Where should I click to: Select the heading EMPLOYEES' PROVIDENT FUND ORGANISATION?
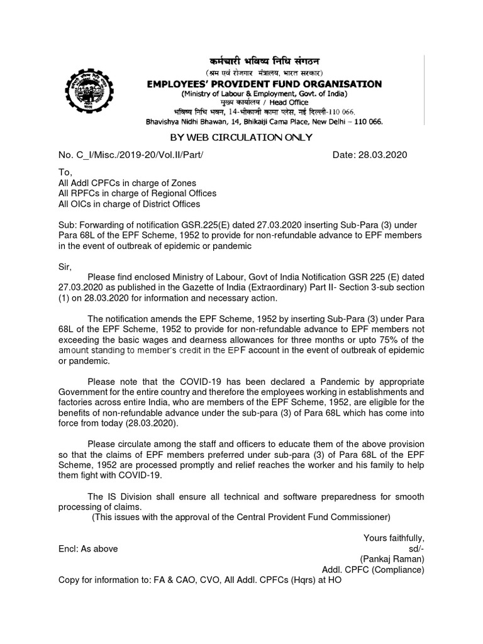pyautogui.click(x=264, y=84)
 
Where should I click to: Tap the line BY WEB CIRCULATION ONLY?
pyautogui.click(x=241, y=138)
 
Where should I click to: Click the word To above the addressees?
pyautogui.click(x=65, y=172)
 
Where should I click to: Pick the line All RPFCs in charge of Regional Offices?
pyautogui.click(x=136, y=193)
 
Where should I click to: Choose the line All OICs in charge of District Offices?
pyautogui.click(x=129, y=204)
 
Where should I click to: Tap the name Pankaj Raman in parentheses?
pyautogui.click(x=392, y=559)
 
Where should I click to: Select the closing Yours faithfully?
pyautogui.click(x=394, y=538)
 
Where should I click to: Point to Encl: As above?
pyautogui.click(x=88, y=548)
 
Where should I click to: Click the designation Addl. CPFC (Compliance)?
pyautogui.click(x=373, y=570)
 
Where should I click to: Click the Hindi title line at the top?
pyautogui.click(x=264, y=62)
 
